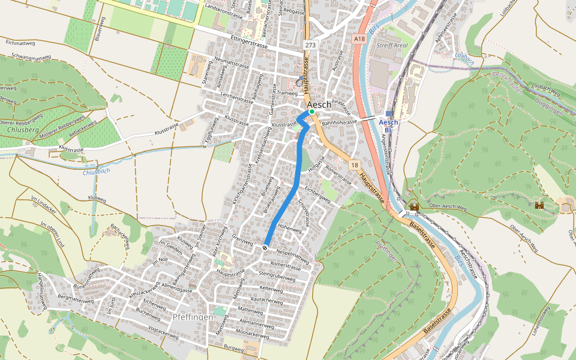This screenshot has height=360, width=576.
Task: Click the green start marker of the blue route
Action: click(x=312, y=112)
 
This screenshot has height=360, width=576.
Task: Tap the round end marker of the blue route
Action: click(x=265, y=248)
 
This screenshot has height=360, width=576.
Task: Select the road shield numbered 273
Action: click(x=310, y=45)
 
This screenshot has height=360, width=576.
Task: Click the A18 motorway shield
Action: click(x=359, y=39)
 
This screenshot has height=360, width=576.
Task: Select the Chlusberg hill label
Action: click(x=20, y=129)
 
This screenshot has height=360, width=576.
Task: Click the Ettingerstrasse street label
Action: click(x=248, y=41)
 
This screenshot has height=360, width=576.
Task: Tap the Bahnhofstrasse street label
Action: click(x=339, y=122)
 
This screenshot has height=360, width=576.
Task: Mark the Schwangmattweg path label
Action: click(x=31, y=58)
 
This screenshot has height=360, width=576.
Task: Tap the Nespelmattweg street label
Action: click(x=292, y=255)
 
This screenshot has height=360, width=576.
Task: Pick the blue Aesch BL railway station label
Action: click(x=388, y=125)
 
